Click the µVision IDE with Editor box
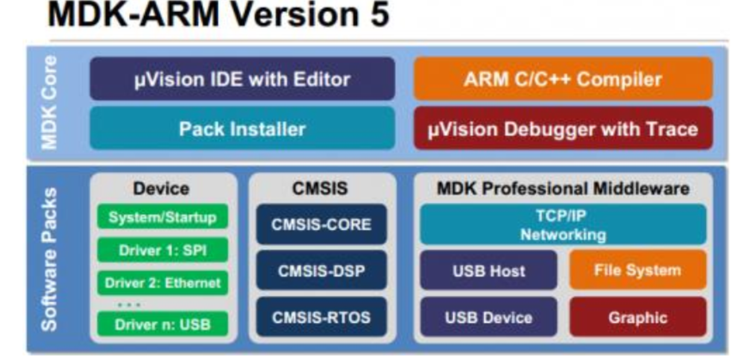[242, 78]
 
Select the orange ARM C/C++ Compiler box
[563, 78]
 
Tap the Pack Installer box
[242, 128]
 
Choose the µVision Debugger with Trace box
[563, 128]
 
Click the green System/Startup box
[162, 217]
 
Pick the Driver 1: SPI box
[162, 250]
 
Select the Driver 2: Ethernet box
[162, 282]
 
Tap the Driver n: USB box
[162, 324]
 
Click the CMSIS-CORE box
[321, 224]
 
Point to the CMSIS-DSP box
[321, 271]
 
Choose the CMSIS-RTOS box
[321, 317]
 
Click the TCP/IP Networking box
[563, 224]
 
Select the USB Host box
[488, 271]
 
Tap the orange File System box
[637, 270]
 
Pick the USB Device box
[488, 317]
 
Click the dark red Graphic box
[637, 317]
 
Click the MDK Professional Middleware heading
[563, 188]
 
